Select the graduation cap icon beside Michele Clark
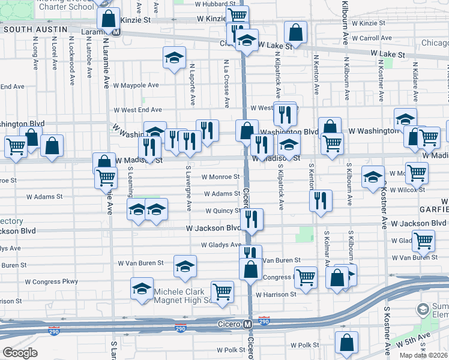click(x=142, y=289)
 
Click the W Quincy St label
click(x=223, y=211)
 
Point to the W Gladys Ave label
click(x=220, y=245)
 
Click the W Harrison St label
click(x=276, y=295)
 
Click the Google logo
click(x=20, y=353)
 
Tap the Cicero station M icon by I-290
click(x=247, y=324)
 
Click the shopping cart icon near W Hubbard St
click(x=238, y=16)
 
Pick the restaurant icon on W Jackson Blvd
click(x=252, y=220)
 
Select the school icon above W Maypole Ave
click(x=174, y=58)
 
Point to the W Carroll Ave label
click(x=372, y=38)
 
